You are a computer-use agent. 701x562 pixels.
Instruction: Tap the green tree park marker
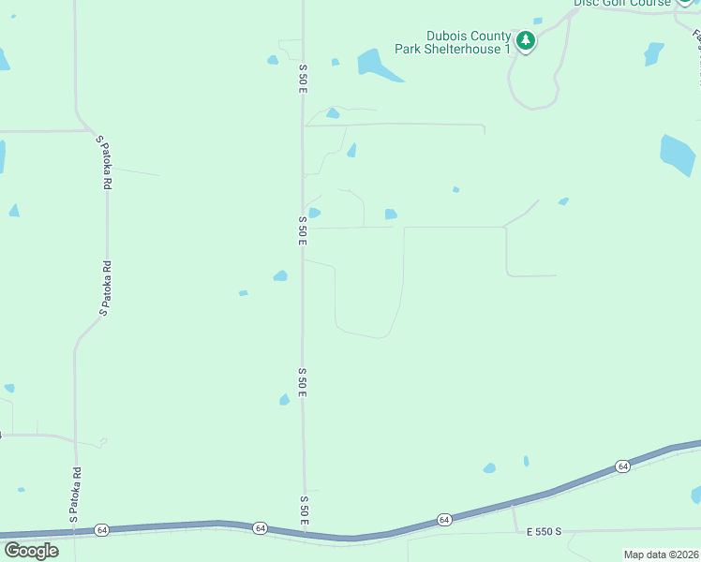click(527, 41)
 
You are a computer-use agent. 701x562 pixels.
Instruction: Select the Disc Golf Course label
click(622, 3)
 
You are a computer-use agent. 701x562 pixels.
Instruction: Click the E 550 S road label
click(544, 532)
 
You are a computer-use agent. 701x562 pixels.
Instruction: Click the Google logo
click(31, 551)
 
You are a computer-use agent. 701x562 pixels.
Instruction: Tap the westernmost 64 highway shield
click(101, 530)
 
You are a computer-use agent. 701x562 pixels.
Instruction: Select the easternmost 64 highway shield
click(621, 466)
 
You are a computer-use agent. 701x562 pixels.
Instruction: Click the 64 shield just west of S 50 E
click(260, 529)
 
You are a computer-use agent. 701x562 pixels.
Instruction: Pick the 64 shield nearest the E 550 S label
click(444, 519)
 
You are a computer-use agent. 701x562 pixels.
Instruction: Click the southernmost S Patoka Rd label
click(74, 495)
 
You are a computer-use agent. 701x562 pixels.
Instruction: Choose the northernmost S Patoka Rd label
click(104, 163)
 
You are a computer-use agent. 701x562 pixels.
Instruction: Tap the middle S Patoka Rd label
click(106, 288)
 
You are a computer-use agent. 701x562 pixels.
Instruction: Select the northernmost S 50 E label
click(303, 78)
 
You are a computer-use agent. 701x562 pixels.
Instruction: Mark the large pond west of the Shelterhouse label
click(376, 64)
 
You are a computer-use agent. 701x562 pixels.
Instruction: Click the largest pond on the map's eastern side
click(677, 155)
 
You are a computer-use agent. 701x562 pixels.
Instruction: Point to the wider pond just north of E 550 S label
click(489, 468)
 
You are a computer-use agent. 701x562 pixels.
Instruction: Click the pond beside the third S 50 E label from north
click(285, 400)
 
